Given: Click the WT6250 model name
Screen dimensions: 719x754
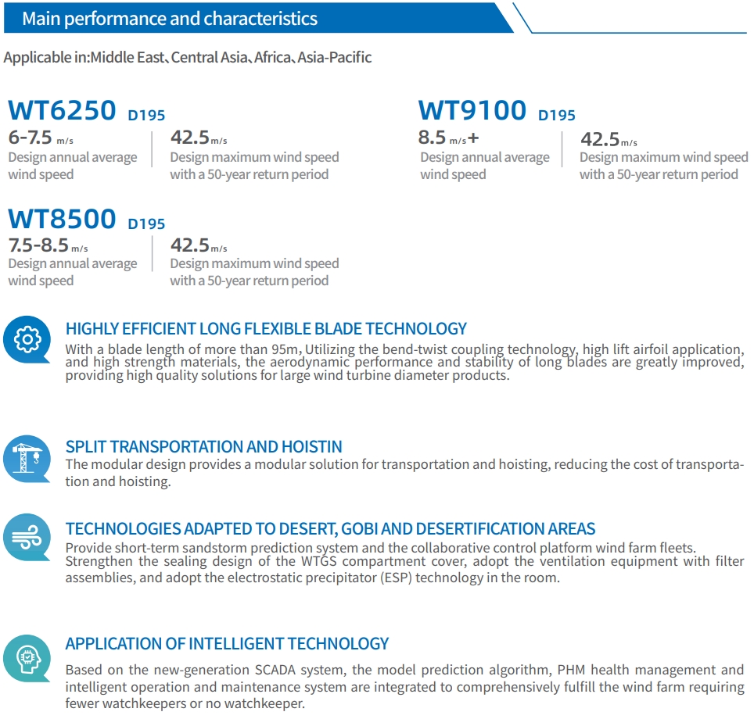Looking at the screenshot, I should pyautogui.click(x=62, y=110).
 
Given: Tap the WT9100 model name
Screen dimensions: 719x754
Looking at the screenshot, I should pyautogui.click(x=472, y=110).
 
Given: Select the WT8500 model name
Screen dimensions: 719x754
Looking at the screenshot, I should pyautogui.click(x=62, y=219).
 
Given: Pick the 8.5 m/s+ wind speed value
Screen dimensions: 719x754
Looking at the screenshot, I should pyautogui.click(x=447, y=138).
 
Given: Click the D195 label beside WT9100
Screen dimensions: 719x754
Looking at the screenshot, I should pyautogui.click(x=557, y=116).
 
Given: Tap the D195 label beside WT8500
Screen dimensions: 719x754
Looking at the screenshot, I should pyautogui.click(x=146, y=224).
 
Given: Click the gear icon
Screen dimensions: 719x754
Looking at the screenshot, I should pyautogui.click(x=27, y=339).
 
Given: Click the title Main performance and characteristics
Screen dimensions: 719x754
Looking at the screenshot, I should pyautogui.click(x=170, y=19).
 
